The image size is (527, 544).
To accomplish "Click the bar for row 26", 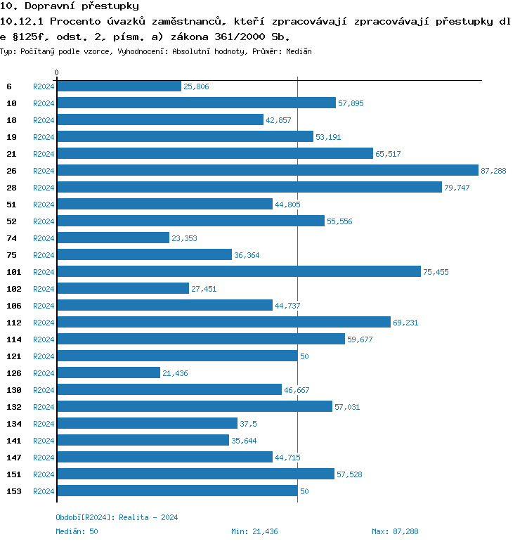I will (x=267, y=171).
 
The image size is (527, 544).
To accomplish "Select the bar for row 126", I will (x=108, y=373).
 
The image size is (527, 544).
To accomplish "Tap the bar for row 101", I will (x=238, y=272).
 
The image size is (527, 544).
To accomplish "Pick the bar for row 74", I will (x=113, y=238).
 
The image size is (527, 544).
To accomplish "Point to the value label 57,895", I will (x=351, y=103).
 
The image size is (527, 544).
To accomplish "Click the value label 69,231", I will (x=405, y=323).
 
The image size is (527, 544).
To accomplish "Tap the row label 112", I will (x=14, y=323).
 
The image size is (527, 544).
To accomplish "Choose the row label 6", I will (x=9, y=86).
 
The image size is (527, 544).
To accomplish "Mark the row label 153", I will (x=14, y=491).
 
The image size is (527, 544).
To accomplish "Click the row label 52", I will (x=12, y=221).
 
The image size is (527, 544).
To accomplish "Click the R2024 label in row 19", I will (x=44, y=137).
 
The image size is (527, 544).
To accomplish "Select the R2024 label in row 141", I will (x=44, y=441).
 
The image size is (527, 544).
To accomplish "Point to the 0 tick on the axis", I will (x=57, y=72).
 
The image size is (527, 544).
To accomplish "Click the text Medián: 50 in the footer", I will (x=77, y=531).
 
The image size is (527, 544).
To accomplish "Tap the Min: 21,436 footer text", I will (x=254, y=531).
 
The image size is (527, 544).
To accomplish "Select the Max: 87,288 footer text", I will (x=395, y=531).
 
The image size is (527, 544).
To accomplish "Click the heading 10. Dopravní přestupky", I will (x=59, y=6).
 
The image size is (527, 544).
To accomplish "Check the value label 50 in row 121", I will (x=304, y=356).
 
